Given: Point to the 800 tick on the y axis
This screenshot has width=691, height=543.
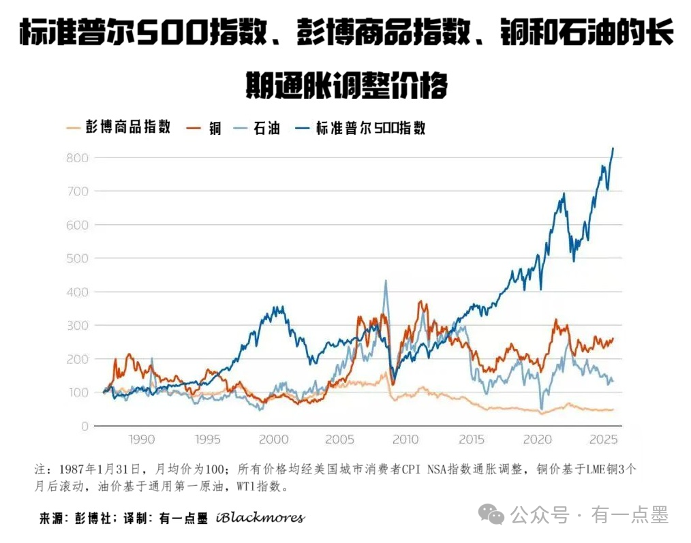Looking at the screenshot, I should [x=77, y=158].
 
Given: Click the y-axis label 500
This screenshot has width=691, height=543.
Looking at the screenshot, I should [x=77, y=258].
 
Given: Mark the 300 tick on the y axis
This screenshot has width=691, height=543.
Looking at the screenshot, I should [x=77, y=326].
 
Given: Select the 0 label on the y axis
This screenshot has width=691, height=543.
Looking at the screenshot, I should [x=85, y=426].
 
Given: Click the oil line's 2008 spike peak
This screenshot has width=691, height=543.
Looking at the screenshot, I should [x=386, y=281].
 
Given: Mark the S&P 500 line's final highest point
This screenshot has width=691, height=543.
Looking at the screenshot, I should [x=613, y=148].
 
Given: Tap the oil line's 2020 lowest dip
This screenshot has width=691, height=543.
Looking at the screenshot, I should [x=542, y=408].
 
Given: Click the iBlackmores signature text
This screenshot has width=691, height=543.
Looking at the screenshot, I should [x=260, y=518].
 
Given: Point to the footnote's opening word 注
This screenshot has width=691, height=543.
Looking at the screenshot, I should [x=39, y=470].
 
